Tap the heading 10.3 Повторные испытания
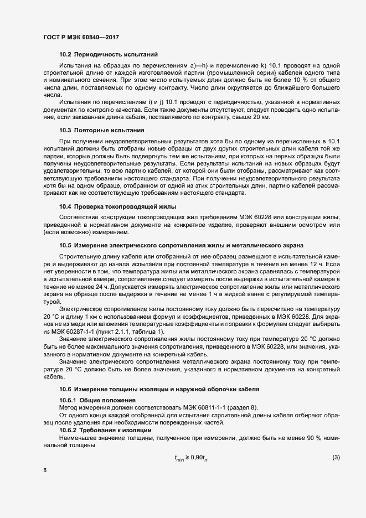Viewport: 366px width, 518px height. click(101, 131)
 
